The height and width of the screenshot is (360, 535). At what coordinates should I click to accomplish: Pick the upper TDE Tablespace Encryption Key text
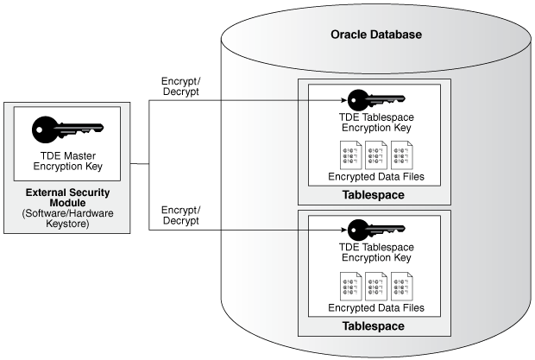374,122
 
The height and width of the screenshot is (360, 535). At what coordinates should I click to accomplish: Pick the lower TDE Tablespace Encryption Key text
374,251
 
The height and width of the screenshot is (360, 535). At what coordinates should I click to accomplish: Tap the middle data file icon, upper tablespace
375,154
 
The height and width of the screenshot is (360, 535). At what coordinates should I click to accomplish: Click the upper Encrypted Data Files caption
374,177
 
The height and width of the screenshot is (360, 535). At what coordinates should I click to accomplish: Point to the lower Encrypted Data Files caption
374,307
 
